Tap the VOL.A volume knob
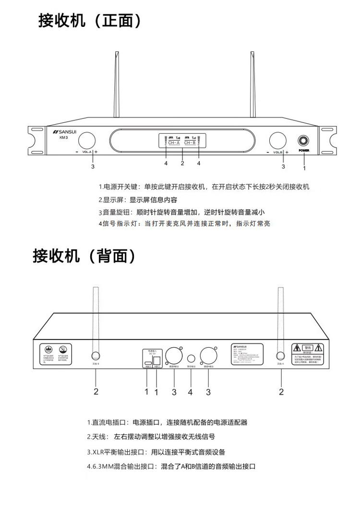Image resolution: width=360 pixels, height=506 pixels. click(86, 141)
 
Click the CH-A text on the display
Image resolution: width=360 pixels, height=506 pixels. click(174, 142)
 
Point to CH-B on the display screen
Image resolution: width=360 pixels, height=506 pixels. click(190, 142)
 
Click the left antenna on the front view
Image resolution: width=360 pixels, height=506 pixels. click(116, 86)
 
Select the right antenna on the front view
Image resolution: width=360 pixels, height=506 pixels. click(252, 86)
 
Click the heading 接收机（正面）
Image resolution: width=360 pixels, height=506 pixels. click(90, 20)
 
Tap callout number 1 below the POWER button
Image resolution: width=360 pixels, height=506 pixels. click(304, 168)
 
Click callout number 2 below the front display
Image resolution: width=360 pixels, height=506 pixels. click(182, 163)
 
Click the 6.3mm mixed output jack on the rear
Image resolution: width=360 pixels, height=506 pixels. click(191, 358)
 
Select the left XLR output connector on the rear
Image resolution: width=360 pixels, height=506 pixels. click(172, 355)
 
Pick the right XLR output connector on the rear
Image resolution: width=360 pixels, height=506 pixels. click(208, 355)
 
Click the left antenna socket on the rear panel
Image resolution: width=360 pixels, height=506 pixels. click(95, 355)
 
